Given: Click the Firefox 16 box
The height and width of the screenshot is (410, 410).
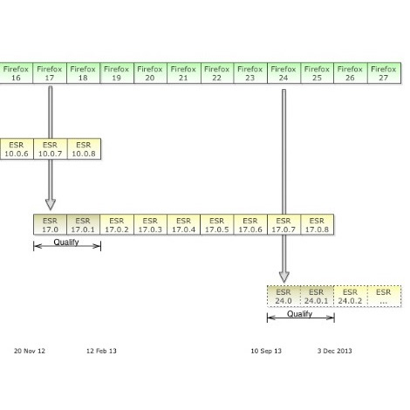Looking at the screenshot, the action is pos(17,73).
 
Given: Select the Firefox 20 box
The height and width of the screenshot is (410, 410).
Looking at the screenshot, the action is pos(150,73).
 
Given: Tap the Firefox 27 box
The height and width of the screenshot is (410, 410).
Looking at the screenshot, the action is pos(385,73).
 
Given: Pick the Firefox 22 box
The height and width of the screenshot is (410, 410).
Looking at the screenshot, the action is pos(217,73).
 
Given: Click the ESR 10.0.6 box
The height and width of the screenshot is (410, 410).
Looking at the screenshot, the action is pos(17,149).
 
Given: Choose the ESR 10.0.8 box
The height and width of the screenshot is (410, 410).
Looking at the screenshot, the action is pos(84,149).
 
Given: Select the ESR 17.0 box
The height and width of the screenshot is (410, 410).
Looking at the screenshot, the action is pos(50,224).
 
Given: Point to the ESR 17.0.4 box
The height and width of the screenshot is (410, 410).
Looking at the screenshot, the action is pos(183,224).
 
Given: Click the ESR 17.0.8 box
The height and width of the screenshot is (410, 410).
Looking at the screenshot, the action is pos(318,224).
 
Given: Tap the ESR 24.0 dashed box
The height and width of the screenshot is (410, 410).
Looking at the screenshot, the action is pos(284,297).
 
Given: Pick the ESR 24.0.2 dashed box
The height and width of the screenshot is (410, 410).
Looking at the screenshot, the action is pos(351,297).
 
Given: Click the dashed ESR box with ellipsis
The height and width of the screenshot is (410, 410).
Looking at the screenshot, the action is pos(385,297).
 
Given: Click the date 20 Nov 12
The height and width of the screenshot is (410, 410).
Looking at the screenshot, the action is pos(30,351).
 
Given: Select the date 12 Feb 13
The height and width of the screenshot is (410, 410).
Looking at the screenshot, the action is pos(101,351).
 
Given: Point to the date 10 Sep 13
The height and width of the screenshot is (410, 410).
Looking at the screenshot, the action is pos(266,351).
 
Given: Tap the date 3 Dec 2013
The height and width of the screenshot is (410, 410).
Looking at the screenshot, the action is pos(334,351).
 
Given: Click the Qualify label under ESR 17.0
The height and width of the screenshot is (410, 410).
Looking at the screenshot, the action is pos(66,242).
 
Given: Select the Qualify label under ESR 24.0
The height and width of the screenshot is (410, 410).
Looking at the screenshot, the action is pos(299,314).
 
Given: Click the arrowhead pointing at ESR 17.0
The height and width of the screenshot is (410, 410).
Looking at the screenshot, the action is pos(51,204).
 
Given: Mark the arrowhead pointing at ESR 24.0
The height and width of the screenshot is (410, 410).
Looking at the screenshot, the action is pos(284,277).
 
